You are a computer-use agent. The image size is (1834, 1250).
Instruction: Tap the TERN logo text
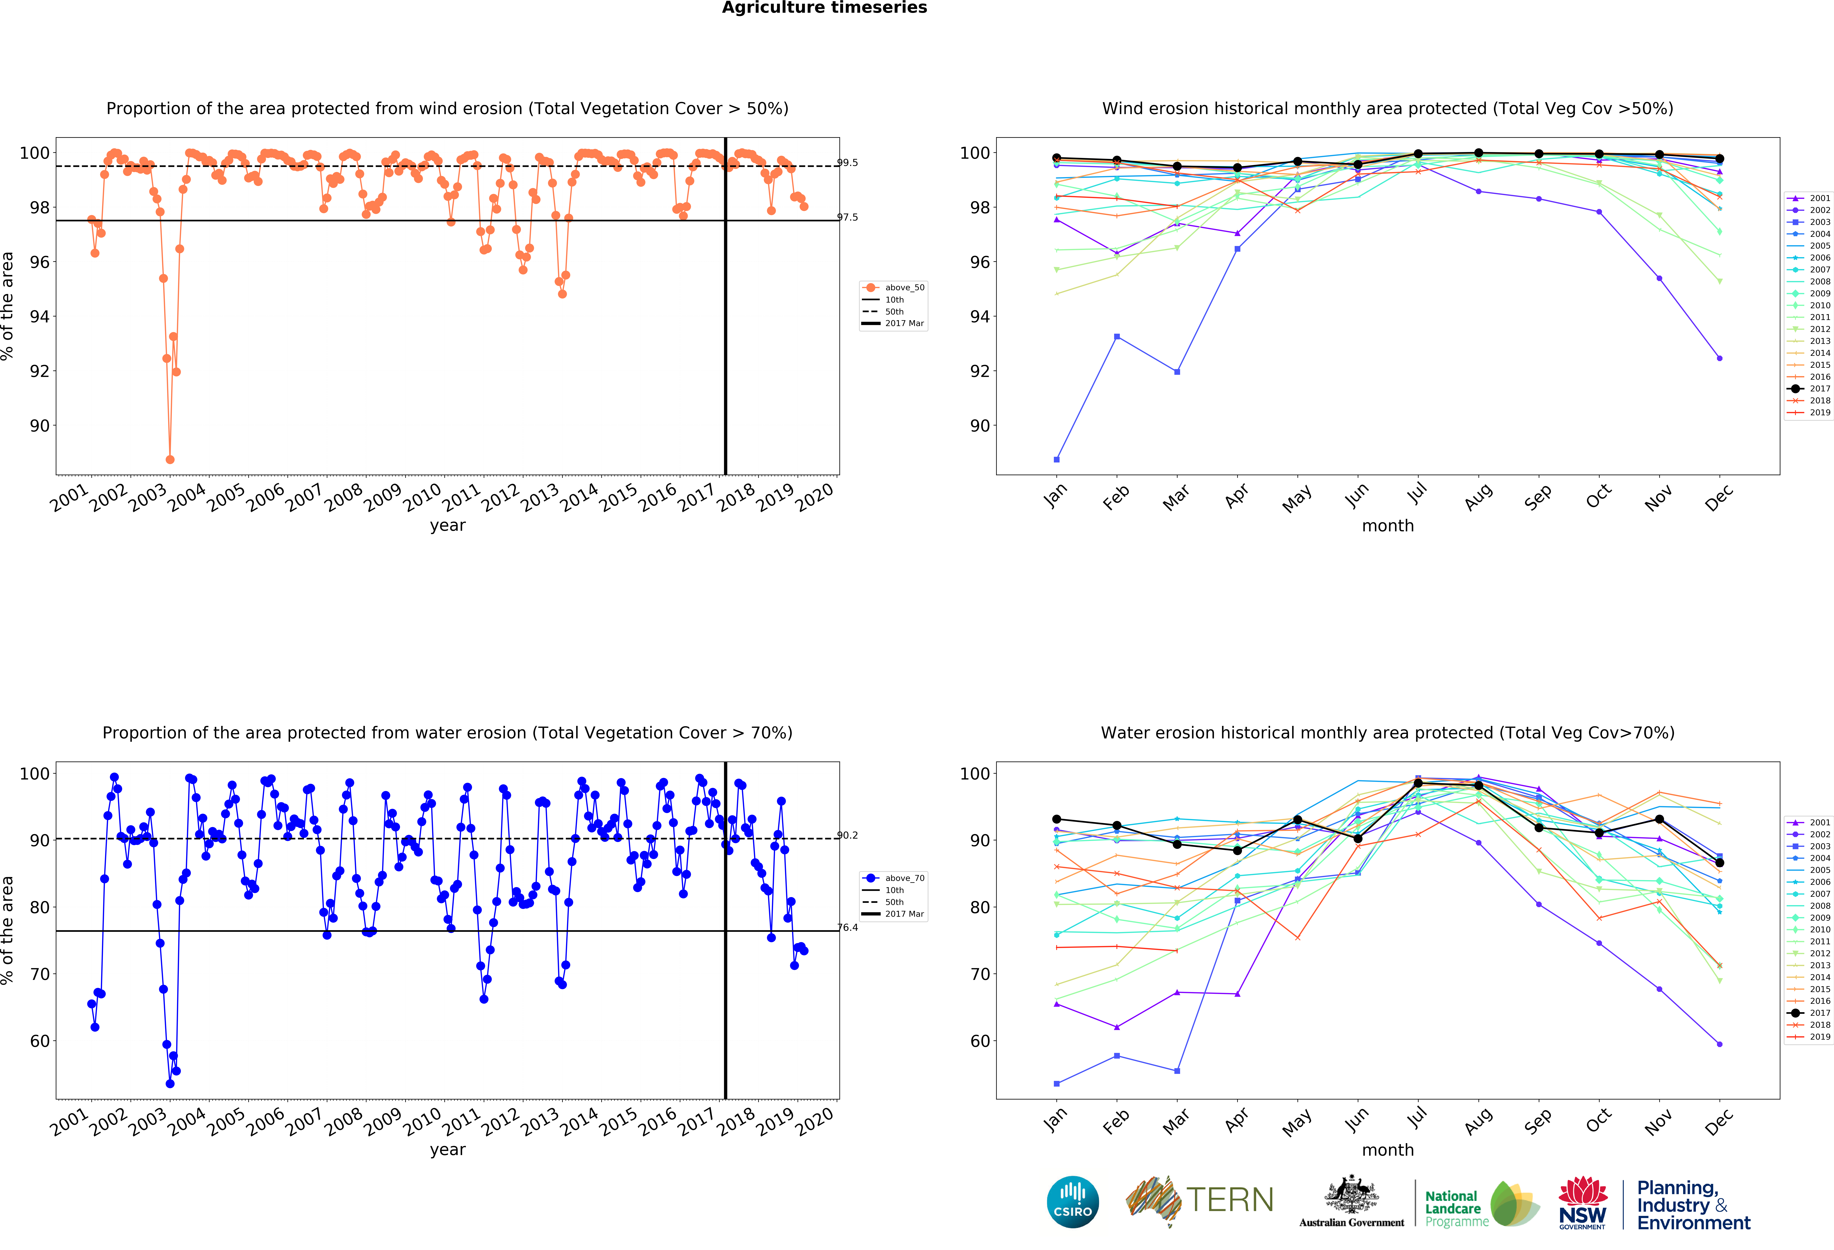1230,1200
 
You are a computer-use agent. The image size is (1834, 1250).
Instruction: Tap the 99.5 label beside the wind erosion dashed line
848,163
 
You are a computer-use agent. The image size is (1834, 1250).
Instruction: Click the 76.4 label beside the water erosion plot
848,927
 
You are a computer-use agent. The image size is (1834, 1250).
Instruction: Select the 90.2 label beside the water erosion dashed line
848,835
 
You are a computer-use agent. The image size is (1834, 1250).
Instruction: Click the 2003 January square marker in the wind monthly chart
1057,459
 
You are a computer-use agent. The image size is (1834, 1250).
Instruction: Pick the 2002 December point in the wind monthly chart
1720,358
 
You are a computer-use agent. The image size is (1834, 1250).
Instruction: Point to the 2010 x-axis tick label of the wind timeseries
422,497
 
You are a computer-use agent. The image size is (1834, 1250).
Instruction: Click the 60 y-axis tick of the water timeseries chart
40,1041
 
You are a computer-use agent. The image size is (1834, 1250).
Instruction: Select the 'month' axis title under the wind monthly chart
1387,525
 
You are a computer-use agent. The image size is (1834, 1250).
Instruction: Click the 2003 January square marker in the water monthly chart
1057,1083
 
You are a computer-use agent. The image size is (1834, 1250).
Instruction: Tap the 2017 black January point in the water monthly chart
1057,819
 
